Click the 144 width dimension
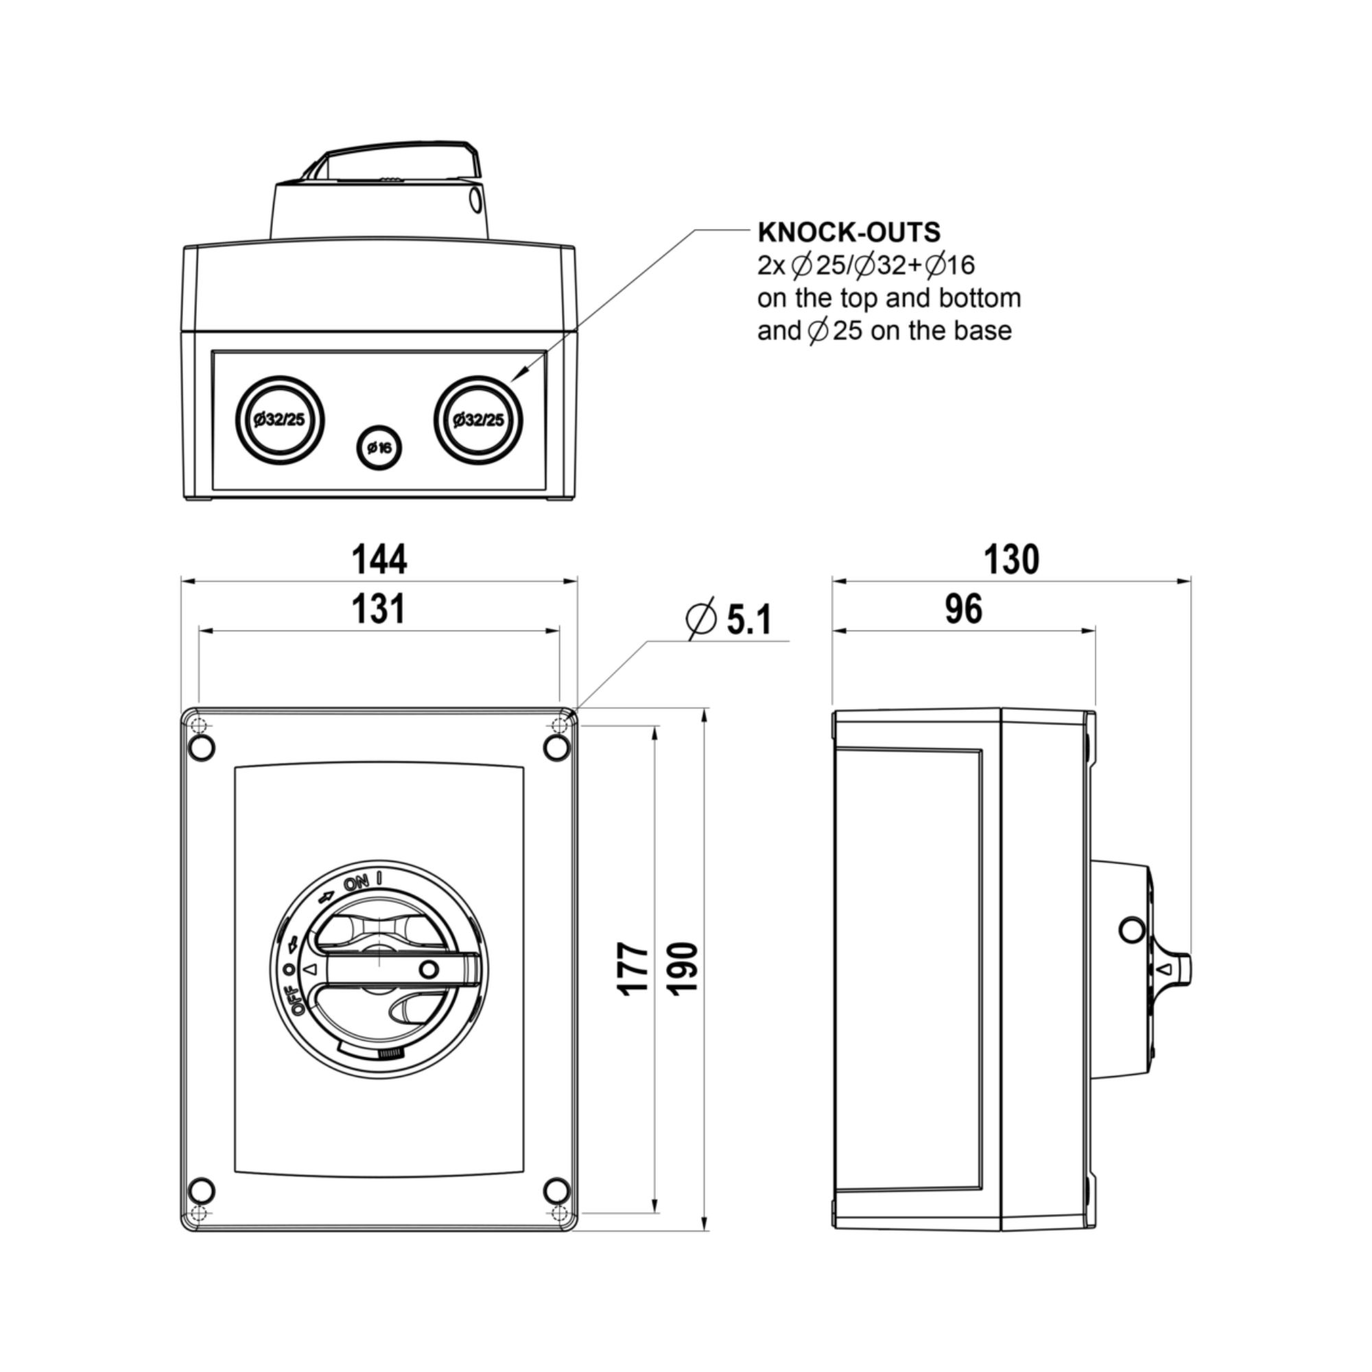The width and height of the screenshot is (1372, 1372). [x=379, y=560]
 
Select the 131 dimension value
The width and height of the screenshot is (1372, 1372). [x=379, y=609]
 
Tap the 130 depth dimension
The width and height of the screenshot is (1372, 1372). [x=1011, y=560]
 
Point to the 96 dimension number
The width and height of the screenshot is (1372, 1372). [x=964, y=609]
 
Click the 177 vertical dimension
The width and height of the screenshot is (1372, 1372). [x=632, y=969]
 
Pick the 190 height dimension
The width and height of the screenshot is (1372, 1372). [x=683, y=969]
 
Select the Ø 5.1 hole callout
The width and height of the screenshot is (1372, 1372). [x=729, y=619]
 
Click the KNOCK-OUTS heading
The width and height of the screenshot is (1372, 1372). [x=849, y=233]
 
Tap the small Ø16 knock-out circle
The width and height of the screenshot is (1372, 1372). [x=379, y=448]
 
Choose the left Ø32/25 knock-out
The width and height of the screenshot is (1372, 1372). [x=280, y=420]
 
